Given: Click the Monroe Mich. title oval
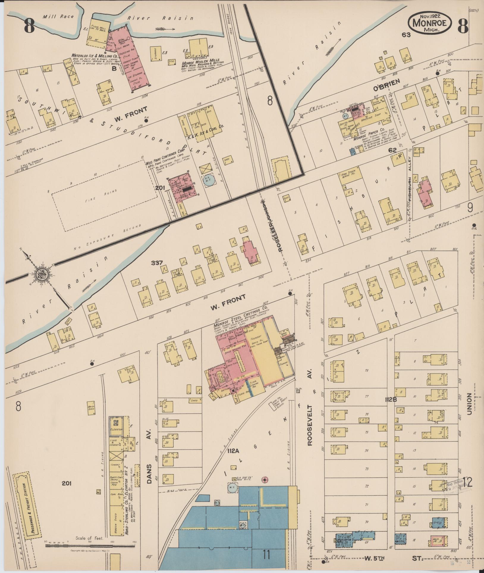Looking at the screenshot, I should (430, 23).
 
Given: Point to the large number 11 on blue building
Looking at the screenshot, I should (266, 555).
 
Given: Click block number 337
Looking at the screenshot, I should (157, 263).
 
